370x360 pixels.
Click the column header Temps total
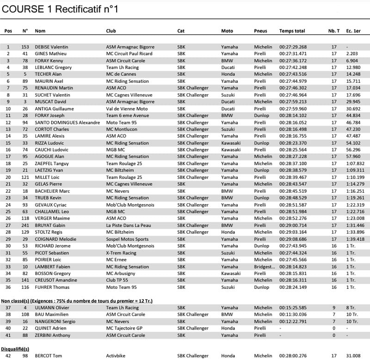(292, 31)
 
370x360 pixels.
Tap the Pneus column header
(260, 31)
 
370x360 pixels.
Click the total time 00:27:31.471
(293, 54)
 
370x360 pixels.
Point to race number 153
(25, 47)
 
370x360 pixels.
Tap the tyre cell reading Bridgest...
(264, 267)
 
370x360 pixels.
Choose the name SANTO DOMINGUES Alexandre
(67, 122)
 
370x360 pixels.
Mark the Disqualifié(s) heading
(15, 349)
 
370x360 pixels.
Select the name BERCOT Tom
(49, 355)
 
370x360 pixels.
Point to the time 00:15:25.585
(293, 307)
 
